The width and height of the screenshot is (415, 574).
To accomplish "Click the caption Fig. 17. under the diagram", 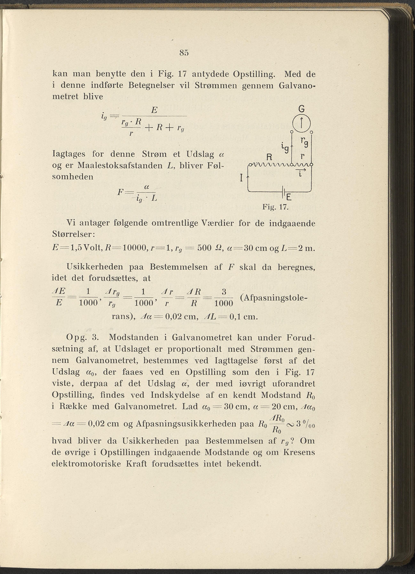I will point(275,207).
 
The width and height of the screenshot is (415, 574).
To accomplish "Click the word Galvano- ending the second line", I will point(297,86).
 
